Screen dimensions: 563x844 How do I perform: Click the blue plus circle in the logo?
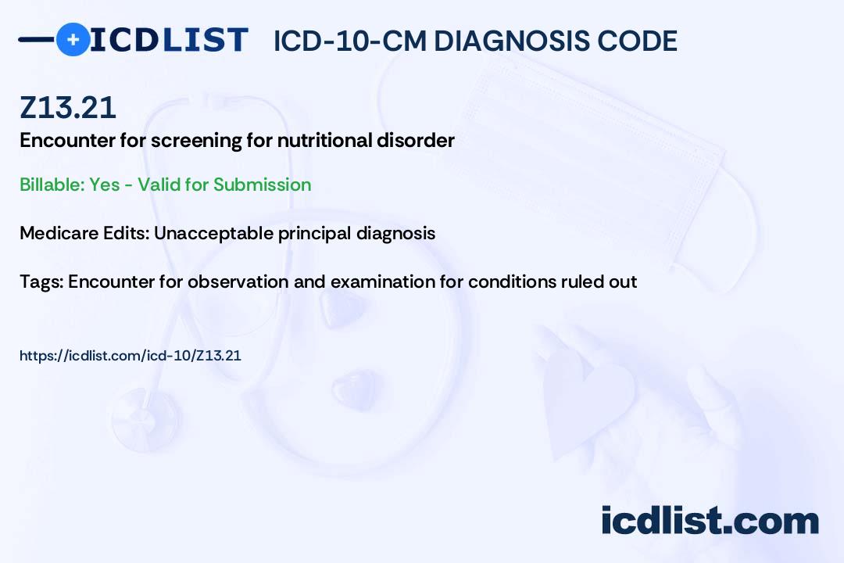click(73, 39)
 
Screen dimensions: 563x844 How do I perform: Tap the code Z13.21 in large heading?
click(68, 108)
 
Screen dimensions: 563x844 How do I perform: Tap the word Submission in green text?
click(263, 185)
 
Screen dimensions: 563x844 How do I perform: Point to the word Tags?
click(41, 281)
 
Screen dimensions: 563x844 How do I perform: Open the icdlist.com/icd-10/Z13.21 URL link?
click(131, 356)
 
